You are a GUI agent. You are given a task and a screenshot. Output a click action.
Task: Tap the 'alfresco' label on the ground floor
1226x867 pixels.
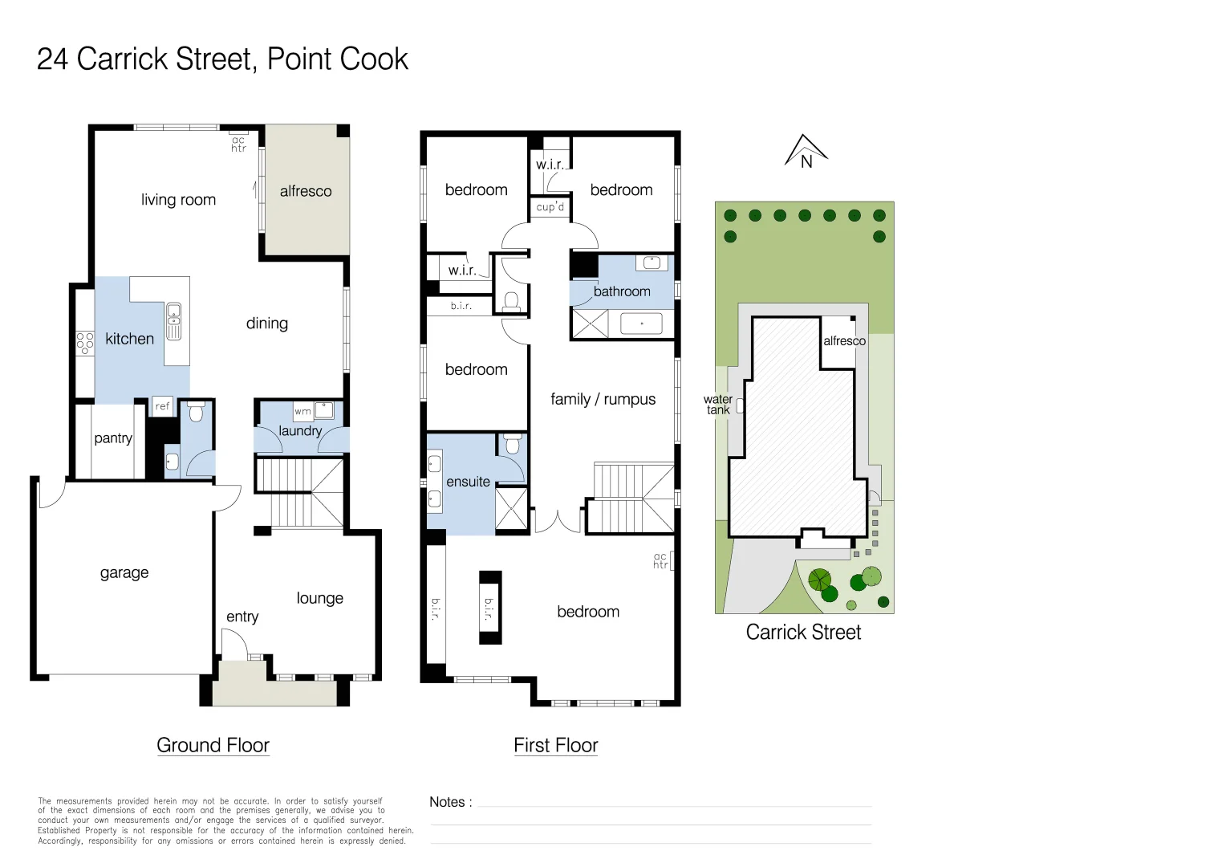(306, 191)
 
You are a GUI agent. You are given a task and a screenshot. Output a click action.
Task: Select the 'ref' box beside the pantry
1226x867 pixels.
(163, 406)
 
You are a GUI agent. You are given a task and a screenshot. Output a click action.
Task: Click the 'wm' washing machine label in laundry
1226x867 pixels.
(302, 412)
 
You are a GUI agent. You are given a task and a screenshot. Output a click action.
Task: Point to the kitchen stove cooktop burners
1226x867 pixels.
(84, 343)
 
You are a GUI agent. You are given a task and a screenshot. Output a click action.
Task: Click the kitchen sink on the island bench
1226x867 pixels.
(173, 321)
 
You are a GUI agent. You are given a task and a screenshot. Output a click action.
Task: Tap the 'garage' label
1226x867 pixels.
(124, 572)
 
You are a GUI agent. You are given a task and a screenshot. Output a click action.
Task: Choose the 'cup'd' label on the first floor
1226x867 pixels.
(550, 207)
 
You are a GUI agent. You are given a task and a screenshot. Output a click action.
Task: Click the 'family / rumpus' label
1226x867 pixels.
(603, 399)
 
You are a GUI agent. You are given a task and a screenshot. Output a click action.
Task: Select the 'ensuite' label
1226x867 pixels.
(468, 482)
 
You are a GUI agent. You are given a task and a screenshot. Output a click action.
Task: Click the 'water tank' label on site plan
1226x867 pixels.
(717, 405)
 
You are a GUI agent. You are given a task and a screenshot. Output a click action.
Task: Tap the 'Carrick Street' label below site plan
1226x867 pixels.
(803, 633)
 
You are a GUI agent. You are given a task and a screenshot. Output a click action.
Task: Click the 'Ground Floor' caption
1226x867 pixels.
(213, 745)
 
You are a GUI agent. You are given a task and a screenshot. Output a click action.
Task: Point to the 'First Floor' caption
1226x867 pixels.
(555, 745)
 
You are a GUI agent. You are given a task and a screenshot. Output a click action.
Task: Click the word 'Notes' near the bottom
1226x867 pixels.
(446, 802)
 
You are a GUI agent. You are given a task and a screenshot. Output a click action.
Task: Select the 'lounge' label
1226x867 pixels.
(319, 598)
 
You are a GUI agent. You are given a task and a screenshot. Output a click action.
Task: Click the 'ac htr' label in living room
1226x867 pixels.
(238, 144)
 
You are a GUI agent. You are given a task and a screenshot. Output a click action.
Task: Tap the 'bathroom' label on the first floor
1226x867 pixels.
(622, 291)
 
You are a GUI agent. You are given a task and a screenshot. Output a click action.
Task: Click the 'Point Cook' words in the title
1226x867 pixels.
(338, 59)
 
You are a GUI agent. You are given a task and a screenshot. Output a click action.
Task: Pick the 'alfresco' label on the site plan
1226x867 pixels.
(844, 341)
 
